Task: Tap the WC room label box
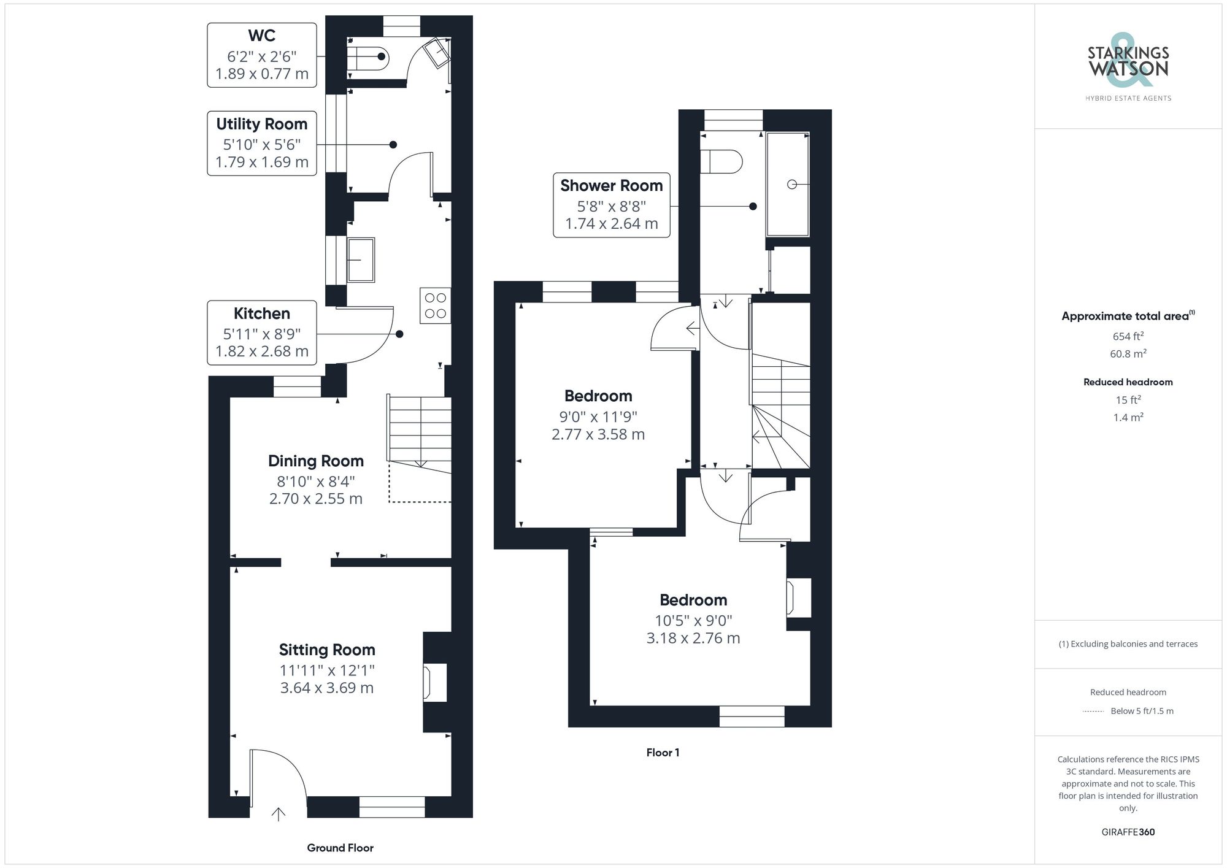pos(262,55)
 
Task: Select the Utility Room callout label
pos(262,144)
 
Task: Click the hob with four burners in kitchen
pos(436,305)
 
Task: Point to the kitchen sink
pos(361,260)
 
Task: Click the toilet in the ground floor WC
pos(368,57)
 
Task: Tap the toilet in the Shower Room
pos(721,162)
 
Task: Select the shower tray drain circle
pos(791,184)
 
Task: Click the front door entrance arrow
pos(279,814)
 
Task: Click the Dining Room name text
pos(316,461)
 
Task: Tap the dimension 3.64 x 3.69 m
pos(327,688)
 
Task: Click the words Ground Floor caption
pos(340,848)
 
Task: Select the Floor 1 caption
pos(663,753)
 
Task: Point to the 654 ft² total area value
pos(1128,336)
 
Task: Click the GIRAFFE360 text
pos(1128,832)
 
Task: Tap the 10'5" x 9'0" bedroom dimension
pos(693,620)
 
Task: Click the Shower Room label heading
pos(611,185)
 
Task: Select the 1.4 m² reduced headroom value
pos(1128,417)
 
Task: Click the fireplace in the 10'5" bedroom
pos(798,597)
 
